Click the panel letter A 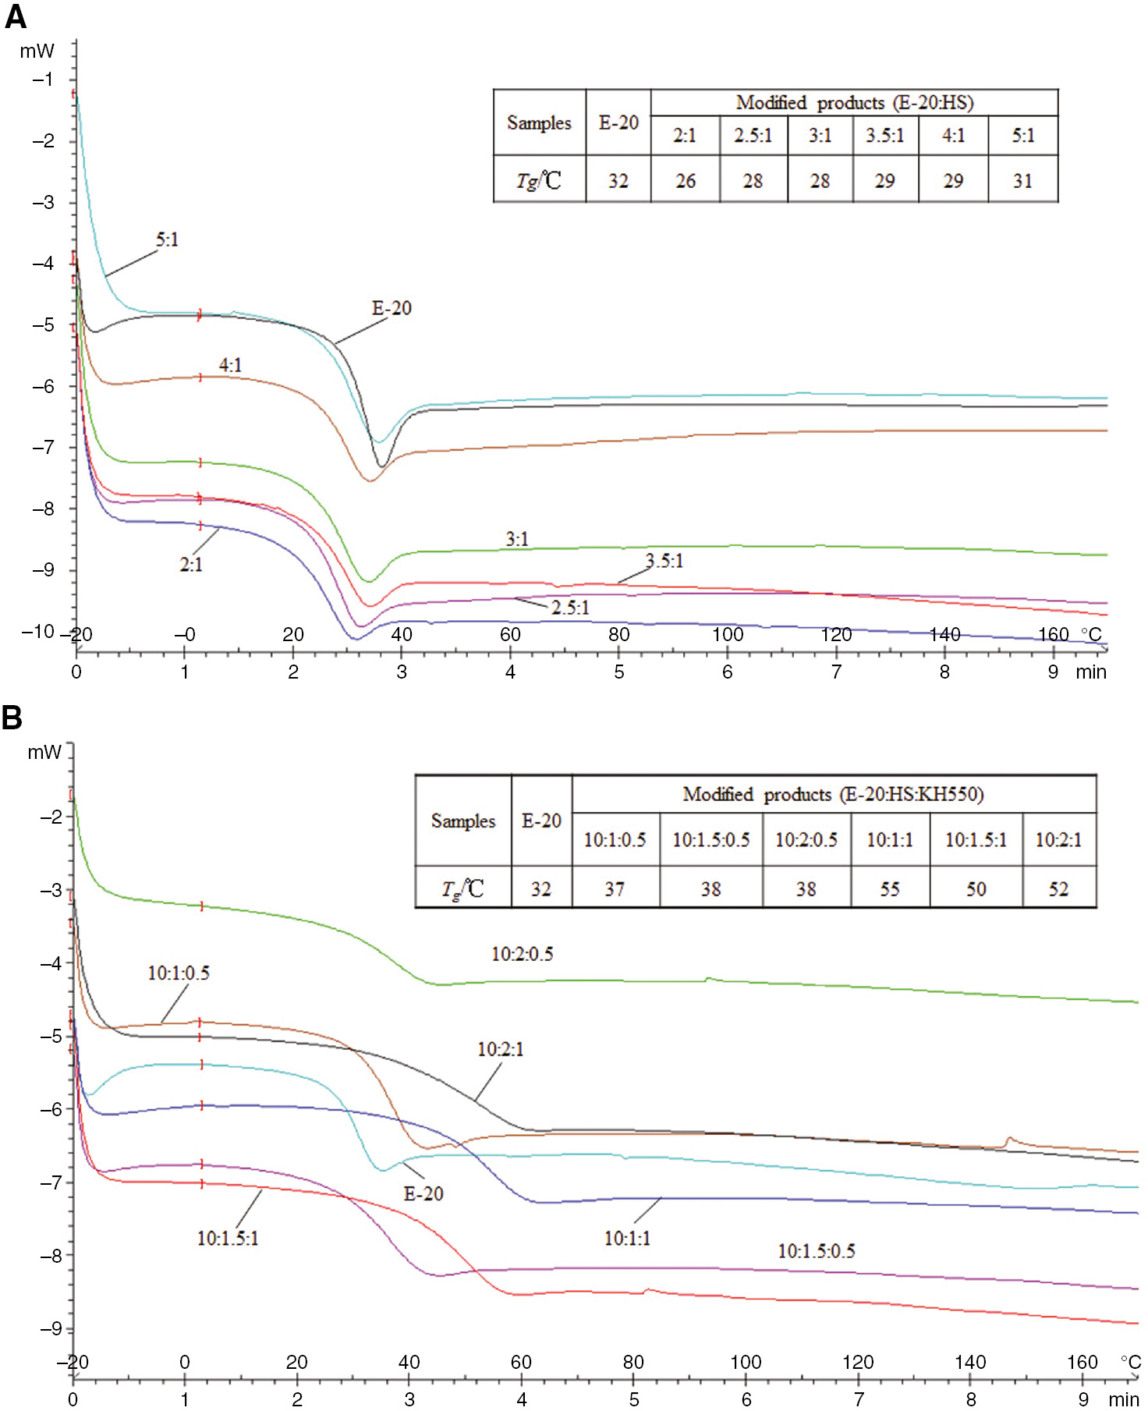click(x=16, y=16)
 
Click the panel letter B click(x=12, y=717)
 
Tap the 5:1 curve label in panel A click(x=167, y=239)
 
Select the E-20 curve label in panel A click(x=392, y=308)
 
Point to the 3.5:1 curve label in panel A click(x=664, y=561)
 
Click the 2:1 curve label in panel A click(x=191, y=565)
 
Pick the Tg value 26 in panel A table click(x=686, y=181)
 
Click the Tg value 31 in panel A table click(x=1022, y=181)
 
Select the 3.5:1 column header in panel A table click(x=884, y=136)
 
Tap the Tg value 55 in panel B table click(x=890, y=889)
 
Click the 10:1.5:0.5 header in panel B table click(x=710, y=840)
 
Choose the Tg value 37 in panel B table click(x=615, y=889)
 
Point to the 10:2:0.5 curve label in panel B click(x=522, y=954)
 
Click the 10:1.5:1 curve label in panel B click(x=227, y=1239)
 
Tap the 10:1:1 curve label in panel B click(x=627, y=1239)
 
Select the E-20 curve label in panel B click(x=423, y=1193)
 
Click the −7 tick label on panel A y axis click(x=43, y=447)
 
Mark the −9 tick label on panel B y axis click(x=51, y=1328)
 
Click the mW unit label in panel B click(x=44, y=752)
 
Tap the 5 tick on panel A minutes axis click(x=618, y=672)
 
